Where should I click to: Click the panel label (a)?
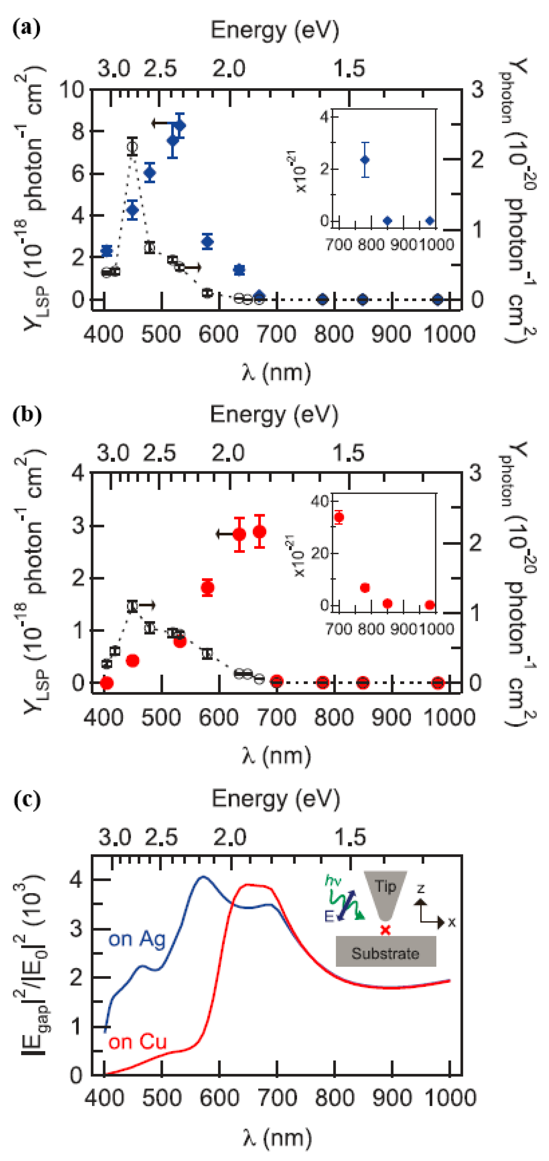pyautogui.click(x=26, y=28)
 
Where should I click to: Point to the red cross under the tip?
pyautogui.click(x=385, y=930)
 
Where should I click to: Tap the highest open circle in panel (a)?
pyautogui.click(x=132, y=147)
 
